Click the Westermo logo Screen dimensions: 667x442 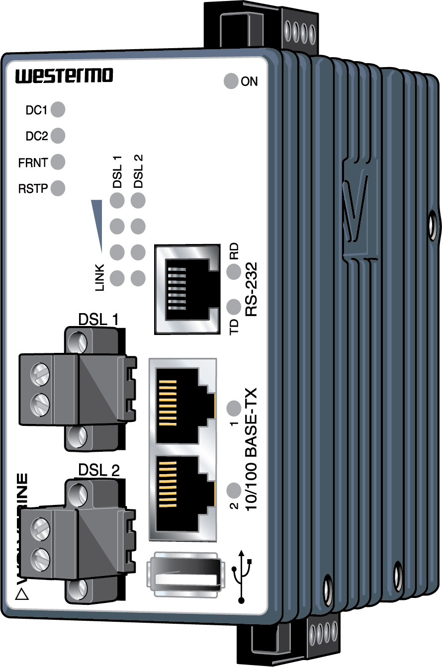(64, 76)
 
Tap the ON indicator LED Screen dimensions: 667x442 (231, 82)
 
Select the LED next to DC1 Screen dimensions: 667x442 (58, 109)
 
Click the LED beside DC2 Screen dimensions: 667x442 (58, 135)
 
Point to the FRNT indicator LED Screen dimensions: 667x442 (58, 162)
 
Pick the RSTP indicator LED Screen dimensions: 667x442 (58, 188)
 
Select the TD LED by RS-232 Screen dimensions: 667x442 (233, 307)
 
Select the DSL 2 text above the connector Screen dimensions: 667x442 (99, 470)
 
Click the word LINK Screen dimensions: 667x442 (99, 277)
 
